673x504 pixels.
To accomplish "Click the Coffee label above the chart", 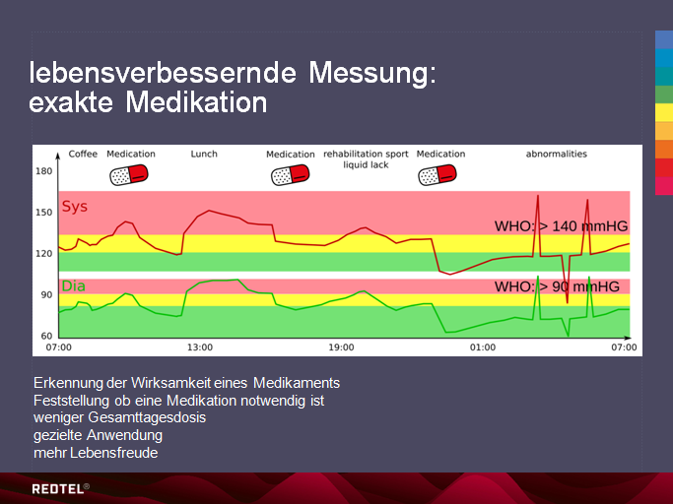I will [83, 154].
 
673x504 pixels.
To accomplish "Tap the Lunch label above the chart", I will [204, 154].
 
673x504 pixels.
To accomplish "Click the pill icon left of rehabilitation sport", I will [291, 175].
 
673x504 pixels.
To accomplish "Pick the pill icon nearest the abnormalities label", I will [439, 175].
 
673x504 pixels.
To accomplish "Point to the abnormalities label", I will [556, 154].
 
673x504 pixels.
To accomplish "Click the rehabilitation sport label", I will [366, 154].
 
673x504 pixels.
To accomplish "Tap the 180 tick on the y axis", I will [43, 171].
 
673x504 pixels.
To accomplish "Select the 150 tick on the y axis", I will [43, 213].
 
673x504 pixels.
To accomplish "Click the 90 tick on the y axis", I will [45, 295].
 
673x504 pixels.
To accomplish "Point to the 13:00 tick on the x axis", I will [200, 347].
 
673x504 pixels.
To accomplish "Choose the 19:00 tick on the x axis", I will [341, 347].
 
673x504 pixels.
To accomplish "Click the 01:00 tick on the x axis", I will [482, 347].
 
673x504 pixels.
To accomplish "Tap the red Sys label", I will [74, 207].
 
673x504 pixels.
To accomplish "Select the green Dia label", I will [73, 286].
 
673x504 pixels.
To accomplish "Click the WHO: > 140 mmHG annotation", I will [561, 226].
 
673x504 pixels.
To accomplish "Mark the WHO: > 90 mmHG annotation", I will [557, 286].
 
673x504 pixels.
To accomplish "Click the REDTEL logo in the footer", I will [60, 487].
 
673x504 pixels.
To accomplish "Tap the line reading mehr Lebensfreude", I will [96, 453].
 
